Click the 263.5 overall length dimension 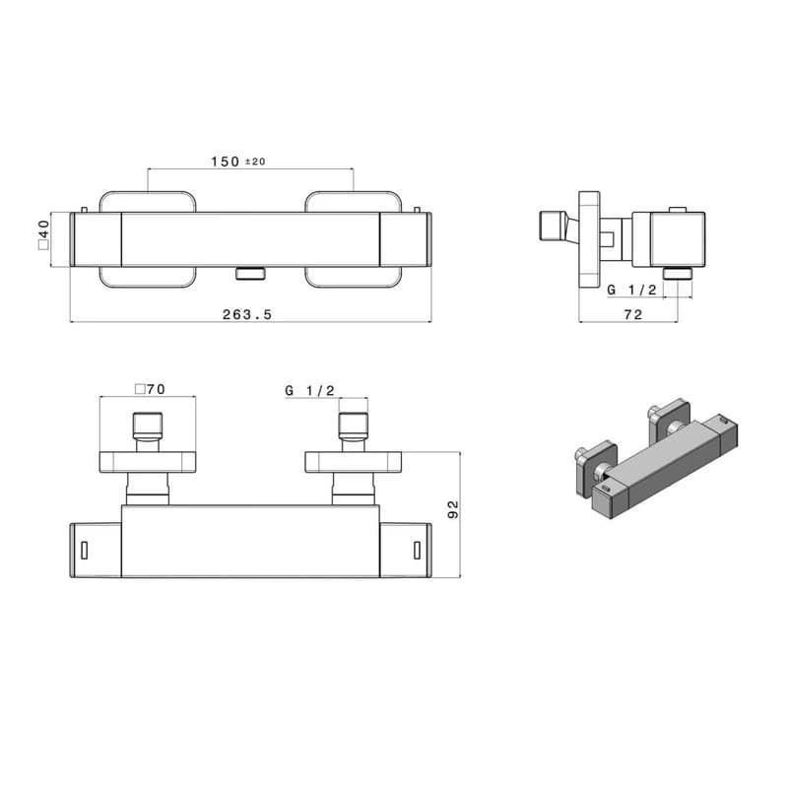click(x=247, y=314)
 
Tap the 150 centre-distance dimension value click(x=226, y=162)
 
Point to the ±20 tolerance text click(x=255, y=162)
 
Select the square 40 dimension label click(x=43, y=234)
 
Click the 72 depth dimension click(x=633, y=314)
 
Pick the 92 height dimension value click(x=453, y=509)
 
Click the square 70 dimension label click(x=150, y=389)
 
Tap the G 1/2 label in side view click(x=631, y=290)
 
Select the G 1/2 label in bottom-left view click(x=309, y=390)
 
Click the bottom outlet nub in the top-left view click(x=250, y=273)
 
